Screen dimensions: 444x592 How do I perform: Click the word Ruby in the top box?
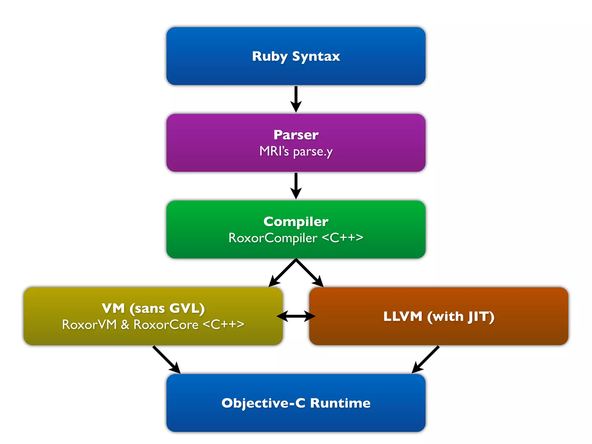click(269, 56)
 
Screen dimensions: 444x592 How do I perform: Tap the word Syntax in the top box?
click(316, 56)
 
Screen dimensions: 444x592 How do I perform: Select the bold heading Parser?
click(296, 135)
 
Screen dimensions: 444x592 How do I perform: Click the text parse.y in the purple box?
click(313, 151)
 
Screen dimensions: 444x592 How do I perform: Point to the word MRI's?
click(274, 151)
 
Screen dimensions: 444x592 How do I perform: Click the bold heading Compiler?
click(296, 221)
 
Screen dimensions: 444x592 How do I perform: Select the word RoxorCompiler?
click(273, 238)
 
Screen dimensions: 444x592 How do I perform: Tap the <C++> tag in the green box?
click(342, 237)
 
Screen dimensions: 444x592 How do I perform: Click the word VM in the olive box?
click(113, 308)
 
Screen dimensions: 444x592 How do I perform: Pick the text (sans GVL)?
click(167, 308)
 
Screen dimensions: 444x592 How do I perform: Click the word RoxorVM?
click(89, 325)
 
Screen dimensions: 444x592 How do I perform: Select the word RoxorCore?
click(166, 325)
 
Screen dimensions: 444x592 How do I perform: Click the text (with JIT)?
click(461, 316)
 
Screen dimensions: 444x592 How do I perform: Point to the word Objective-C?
click(263, 403)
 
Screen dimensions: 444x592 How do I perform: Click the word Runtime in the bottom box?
click(340, 403)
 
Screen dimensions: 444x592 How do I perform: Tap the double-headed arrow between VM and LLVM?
click(296, 316)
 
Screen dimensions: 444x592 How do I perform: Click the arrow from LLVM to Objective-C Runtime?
click(425, 359)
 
